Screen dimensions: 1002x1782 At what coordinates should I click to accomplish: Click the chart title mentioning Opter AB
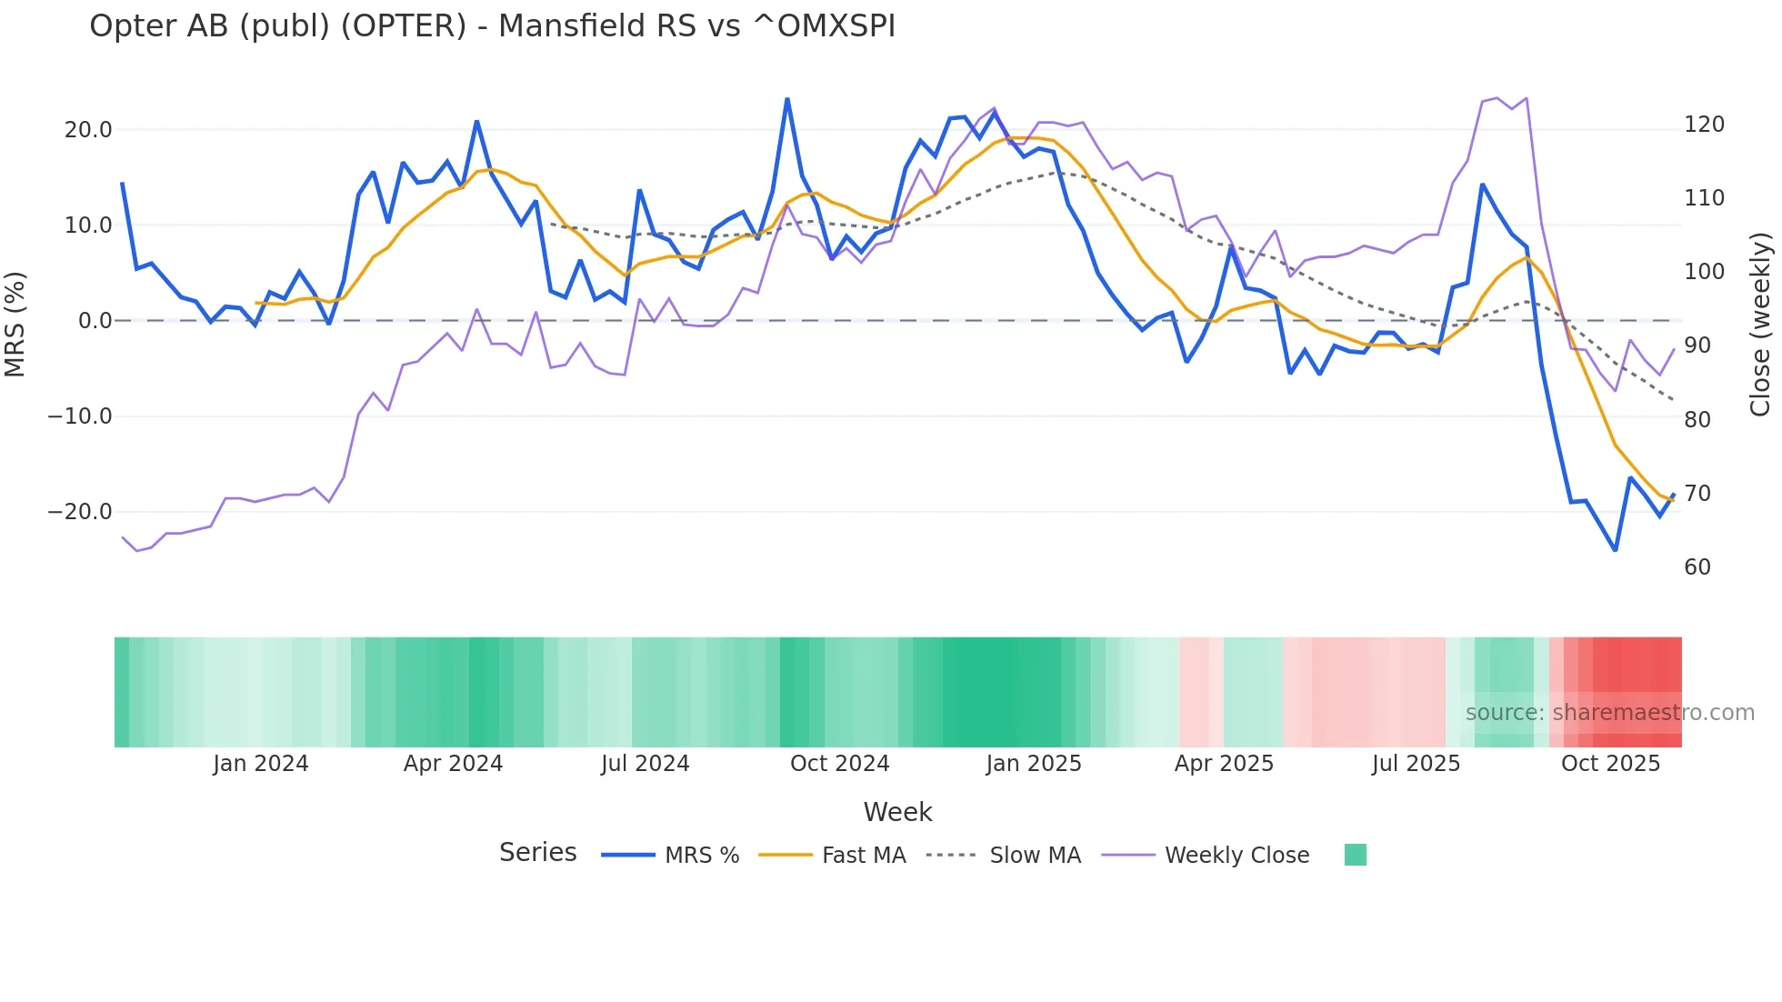coord(492,26)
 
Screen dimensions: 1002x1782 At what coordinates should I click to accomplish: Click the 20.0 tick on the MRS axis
coord(88,130)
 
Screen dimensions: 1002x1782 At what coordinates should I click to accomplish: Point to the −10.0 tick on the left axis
coord(80,416)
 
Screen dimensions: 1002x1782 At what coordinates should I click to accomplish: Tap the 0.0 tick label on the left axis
coord(95,321)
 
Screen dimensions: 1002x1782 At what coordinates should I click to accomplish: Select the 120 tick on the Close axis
coord(1704,125)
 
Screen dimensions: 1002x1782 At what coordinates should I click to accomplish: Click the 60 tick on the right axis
coord(1697,567)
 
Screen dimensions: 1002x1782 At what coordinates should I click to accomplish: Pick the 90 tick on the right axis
coord(1697,346)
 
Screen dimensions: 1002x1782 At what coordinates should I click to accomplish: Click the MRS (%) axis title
coord(15,324)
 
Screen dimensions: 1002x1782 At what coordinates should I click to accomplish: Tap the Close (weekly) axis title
coord(1760,324)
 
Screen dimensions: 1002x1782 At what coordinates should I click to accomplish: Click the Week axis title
coord(897,812)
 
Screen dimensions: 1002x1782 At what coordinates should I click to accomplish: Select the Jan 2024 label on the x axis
coord(261,764)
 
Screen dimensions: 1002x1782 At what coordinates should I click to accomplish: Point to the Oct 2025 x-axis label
coord(1610,764)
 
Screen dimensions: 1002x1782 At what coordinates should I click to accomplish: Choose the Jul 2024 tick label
coord(645,764)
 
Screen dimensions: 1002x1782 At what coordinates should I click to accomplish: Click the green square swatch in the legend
coord(1355,855)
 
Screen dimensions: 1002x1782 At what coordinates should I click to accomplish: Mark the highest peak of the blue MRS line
coord(787,99)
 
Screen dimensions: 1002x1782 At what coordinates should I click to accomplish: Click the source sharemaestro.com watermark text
coord(1609,713)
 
